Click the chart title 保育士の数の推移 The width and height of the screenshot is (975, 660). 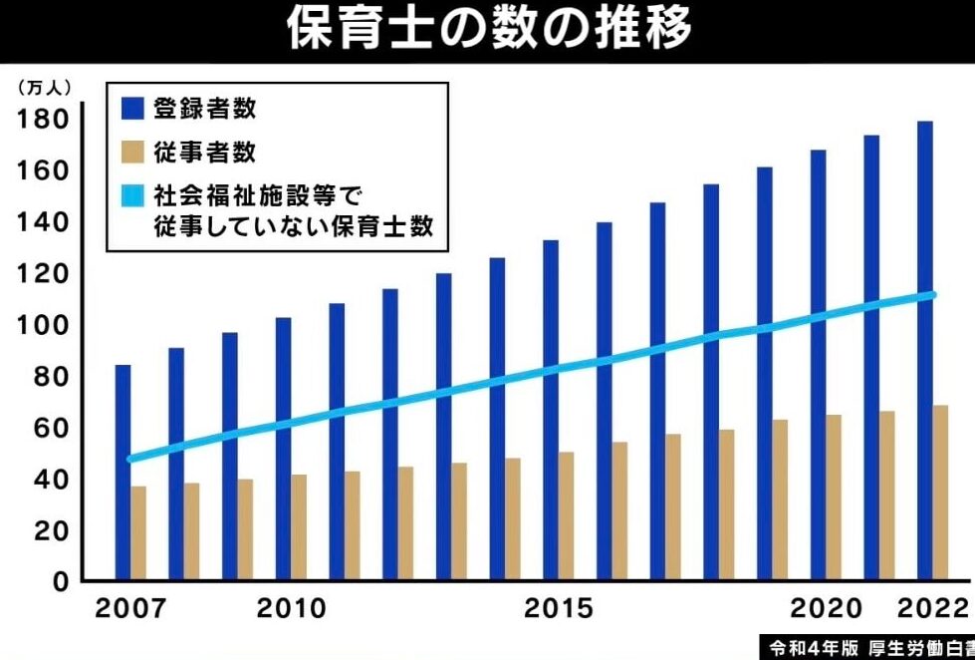(488, 30)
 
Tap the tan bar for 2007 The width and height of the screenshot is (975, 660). (138, 532)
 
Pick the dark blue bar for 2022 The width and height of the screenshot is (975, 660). (925, 349)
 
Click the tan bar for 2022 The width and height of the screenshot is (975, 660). (941, 493)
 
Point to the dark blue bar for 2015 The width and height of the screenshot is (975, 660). (551, 409)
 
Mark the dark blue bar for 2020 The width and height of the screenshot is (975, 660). (819, 365)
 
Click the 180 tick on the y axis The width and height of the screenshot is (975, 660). (42, 120)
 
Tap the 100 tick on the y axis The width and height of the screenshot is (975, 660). (42, 325)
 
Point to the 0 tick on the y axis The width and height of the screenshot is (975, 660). (61, 580)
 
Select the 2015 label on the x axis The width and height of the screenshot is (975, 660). (558, 608)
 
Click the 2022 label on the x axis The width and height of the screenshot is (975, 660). (932, 608)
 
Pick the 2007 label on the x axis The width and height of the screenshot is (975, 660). (130, 608)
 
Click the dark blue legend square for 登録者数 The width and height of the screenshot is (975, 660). (133, 107)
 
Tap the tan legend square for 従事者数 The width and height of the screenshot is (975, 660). (133, 152)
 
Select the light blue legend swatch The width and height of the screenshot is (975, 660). (133, 194)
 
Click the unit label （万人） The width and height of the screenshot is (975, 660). (45, 87)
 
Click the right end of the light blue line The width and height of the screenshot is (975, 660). (932, 294)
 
